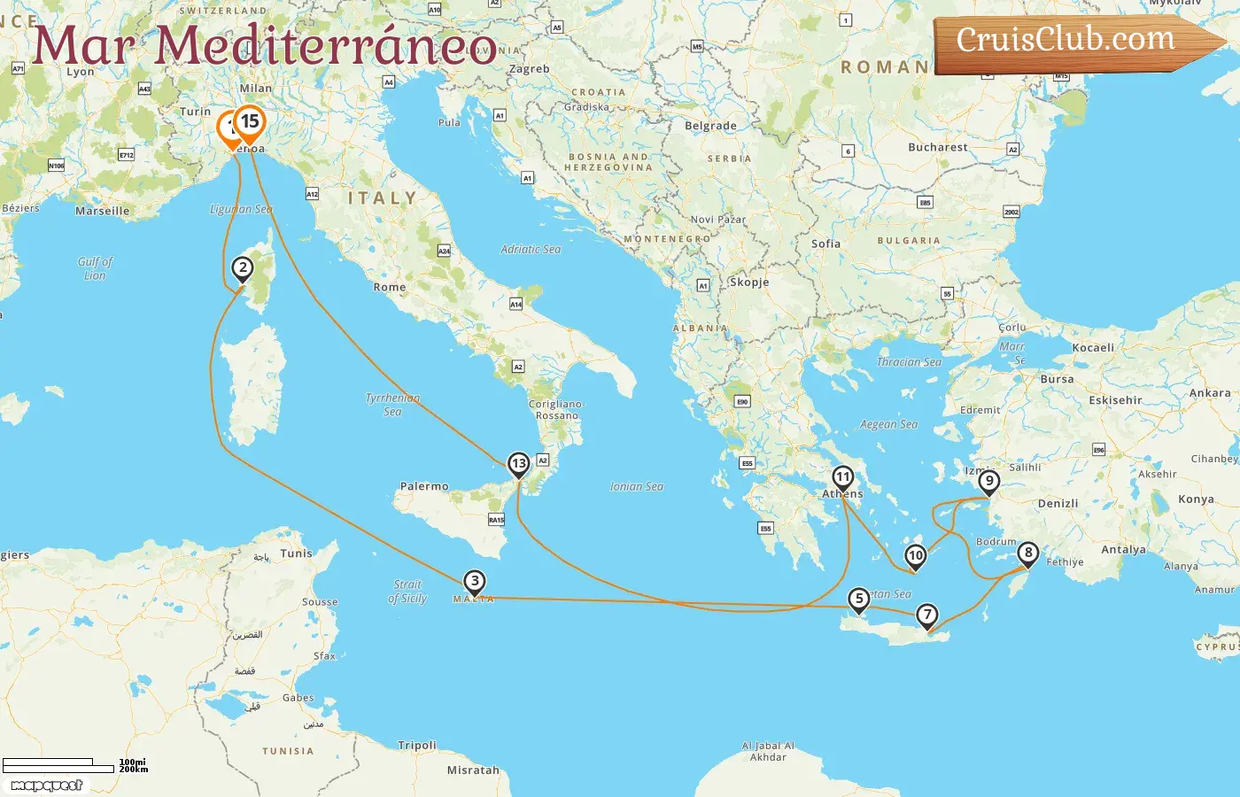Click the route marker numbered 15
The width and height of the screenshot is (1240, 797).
coord(250,122)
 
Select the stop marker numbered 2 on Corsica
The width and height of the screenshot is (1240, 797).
coord(242,268)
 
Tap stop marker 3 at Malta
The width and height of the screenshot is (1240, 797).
coord(475,582)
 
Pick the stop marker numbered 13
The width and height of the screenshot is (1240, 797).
coord(519,463)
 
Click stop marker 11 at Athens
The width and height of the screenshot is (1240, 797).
coord(842,477)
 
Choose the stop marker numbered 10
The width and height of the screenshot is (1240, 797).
coord(915,556)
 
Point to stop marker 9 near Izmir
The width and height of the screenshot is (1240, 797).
coord(988,482)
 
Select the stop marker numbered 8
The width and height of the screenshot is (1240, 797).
coord(1027,553)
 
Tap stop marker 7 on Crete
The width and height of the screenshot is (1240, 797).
coord(926,615)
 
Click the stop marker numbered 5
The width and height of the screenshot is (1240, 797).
coord(858,599)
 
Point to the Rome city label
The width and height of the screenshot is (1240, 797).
coord(390,288)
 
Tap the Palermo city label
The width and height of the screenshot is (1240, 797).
coord(424,486)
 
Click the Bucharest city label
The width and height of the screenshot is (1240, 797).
coord(938,148)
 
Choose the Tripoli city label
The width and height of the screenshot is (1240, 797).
coord(416,746)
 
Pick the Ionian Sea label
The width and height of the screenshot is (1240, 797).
coord(637,487)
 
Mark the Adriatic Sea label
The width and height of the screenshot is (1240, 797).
coord(531,250)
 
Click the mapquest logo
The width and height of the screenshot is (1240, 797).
coord(47,785)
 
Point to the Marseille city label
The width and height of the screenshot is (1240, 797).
coord(103,212)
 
